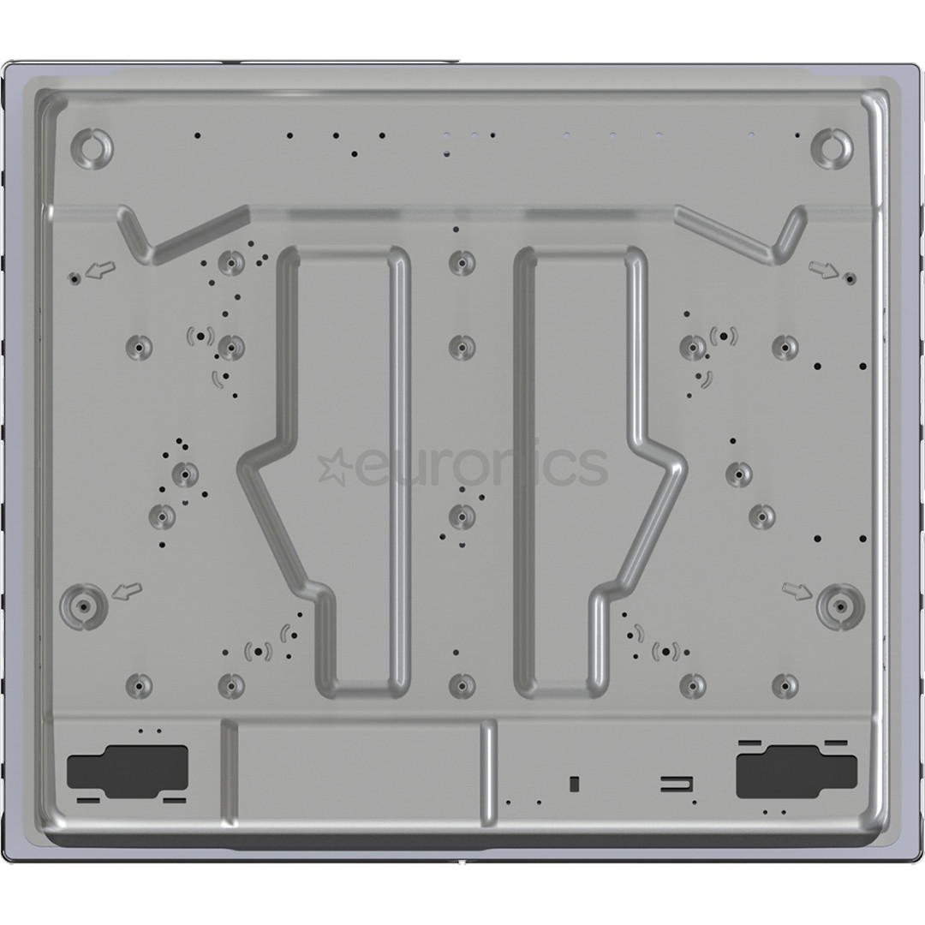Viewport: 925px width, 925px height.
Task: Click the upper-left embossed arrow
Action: (x=101, y=271)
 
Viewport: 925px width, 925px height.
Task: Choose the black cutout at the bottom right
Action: (x=797, y=764)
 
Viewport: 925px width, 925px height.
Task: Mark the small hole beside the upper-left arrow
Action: (x=75, y=278)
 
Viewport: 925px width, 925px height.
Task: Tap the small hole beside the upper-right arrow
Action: (x=849, y=277)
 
